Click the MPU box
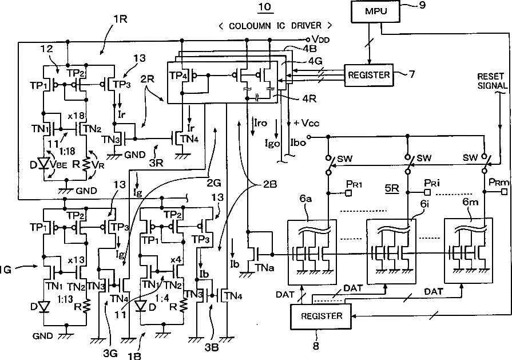coord(375,11)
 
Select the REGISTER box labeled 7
coord(369,75)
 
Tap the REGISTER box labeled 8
coord(322,317)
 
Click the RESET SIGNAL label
coord(493,81)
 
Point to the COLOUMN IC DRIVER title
coord(276,26)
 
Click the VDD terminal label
coord(321,39)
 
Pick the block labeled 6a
coord(312,252)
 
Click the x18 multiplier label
coord(76,116)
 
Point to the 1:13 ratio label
coord(65,299)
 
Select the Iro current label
coord(260,123)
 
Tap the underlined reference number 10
coord(265,7)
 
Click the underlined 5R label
coord(392,188)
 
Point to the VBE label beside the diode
coord(59,165)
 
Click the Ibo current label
coord(298,143)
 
